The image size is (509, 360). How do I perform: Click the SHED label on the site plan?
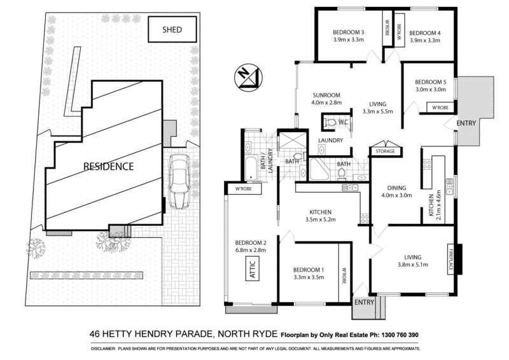pyautogui.click(x=172, y=29)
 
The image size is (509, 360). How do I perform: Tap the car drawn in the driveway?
pyautogui.click(x=179, y=183)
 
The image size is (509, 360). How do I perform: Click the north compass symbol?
pyautogui.click(x=245, y=76)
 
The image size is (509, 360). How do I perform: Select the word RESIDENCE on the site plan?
pyautogui.click(x=109, y=167)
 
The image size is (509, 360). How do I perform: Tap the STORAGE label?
pyautogui.click(x=385, y=152)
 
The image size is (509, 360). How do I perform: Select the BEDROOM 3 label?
pyautogui.click(x=348, y=32)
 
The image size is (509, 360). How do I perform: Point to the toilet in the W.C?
pyautogui.click(x=329, y=121)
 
